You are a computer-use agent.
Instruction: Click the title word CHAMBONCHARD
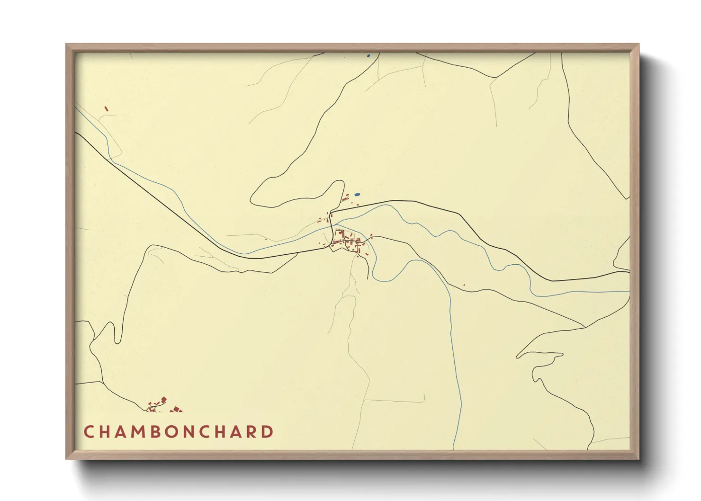[x=179, y=432]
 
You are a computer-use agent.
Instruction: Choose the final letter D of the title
[x=268, y=432]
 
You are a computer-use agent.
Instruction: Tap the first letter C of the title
[x=89, y=432]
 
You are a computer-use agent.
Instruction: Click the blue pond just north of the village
[x=357, y=194]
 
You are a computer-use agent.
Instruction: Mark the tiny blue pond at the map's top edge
[x=368, y=56]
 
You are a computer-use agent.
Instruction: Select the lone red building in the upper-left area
[x=107, y=109]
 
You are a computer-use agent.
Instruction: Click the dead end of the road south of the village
[x=368, y=278]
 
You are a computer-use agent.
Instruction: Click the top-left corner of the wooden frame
[x=66, y=45]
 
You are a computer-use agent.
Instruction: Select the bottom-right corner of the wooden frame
[x=638, y=458]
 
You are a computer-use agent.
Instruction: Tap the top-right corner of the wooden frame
[x=638, y=45]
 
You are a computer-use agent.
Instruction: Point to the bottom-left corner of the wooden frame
[x=66, y=458]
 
